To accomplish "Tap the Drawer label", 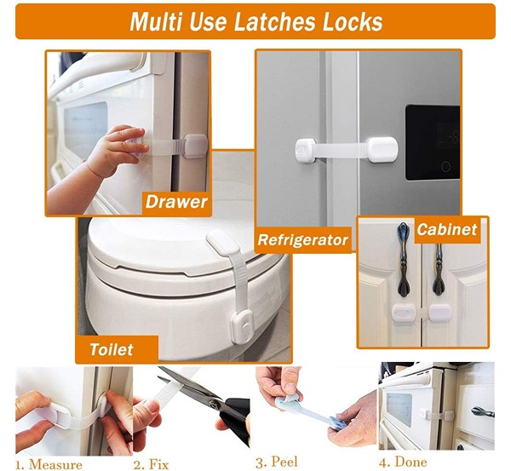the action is tap(176, 202).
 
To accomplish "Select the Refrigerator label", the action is tap(302, 240).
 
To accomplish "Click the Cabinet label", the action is tap(447, 229).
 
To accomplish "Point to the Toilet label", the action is tap(112, 350).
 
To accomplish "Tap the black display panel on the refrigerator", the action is tap(432, 143).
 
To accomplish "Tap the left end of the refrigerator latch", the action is tap(306, 150).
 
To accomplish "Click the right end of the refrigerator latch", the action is tap(383, 150).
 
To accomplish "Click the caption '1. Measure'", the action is tap(49, 464).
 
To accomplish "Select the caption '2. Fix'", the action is tap(152, 464).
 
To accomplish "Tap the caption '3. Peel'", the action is tap(276, 462).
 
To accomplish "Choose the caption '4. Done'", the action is tap(403, 462).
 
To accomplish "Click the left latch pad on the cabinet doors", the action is tap(404, 313).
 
